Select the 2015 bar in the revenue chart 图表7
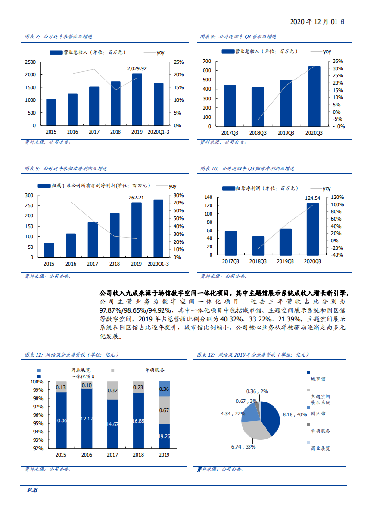(x=51, y=112)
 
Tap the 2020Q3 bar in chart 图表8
(x=314, y=96)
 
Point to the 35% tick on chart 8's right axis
(x=338, y=61)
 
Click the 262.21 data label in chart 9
(x=137, y=197)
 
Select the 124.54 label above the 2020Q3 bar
(x=312, y=198)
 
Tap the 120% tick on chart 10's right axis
(x=337, y=197)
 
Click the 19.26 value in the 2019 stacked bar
(x=164, y=436)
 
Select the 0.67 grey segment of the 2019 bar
(x=164, y=410)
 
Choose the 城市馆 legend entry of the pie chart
(x=317, y=378)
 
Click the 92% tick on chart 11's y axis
(x=37, y=448)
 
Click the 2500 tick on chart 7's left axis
(x=30, y=62)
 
